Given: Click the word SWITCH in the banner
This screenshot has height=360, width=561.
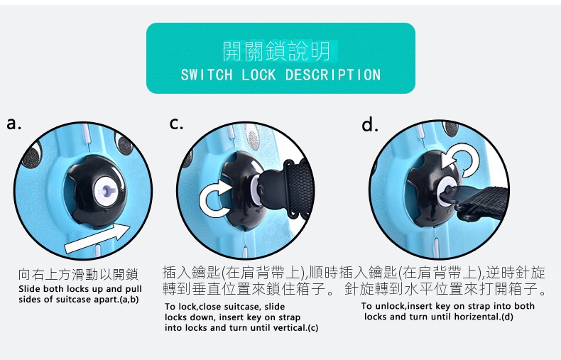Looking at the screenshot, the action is pyautogui.click(x=207, y=75).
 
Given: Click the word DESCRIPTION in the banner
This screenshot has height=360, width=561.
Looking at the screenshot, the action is pyautogui.click(x=333, y=75).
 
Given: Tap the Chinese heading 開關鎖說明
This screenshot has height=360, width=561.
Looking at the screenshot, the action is pyautogui.click(x=276, y=51).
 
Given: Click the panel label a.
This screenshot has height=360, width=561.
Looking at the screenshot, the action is pyautogui.click(x=14, y=124).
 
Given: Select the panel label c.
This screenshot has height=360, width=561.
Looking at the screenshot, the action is pyautogui.click(x=176, y=124).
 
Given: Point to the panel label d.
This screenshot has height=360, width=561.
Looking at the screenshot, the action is pyautogui.click(x=369, y=124).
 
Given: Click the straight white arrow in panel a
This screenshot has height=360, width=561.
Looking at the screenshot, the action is pyautogui.click(x=97, y=239).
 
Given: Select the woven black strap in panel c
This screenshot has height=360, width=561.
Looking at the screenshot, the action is pyautogui.click(x=300, y=187).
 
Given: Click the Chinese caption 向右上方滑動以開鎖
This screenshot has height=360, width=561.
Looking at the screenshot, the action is pyautogui.click(x=78, y=275).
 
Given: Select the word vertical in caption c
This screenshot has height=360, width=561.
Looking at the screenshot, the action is pyautogui.click(x=290, y=328).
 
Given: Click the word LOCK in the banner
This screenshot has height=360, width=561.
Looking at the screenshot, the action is pyautogui.click(x=258, y=75).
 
